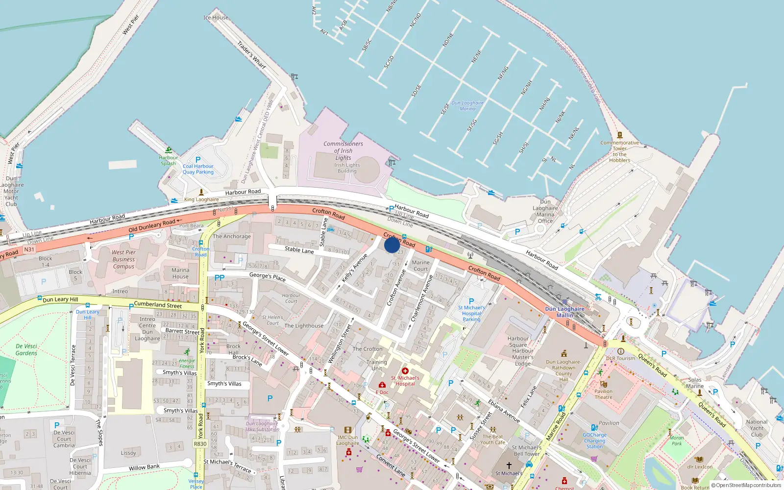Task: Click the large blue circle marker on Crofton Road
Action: coord(392,245)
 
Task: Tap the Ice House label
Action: coord(216,18)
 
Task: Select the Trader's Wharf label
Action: coord(251,54)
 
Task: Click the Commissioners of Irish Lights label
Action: coord(343,150)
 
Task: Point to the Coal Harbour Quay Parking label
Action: coord(198,169)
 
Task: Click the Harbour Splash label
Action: coord(168,160)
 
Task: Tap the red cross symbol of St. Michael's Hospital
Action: coord(405,371)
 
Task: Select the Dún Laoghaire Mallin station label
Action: coord(564,312)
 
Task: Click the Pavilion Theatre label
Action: coord(603,394)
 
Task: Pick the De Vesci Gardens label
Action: coord(26,349)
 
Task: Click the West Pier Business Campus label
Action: coord(123,259)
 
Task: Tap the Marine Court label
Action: coord(420,266)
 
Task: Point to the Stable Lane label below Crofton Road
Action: coord(299,250)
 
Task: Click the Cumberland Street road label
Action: coord(158,305)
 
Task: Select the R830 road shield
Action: coord(200,444)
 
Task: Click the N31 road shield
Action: coord(29,249)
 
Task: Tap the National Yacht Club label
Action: coord(757,428)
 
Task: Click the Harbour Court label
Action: coord(291,298)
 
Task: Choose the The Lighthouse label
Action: coord(304,326)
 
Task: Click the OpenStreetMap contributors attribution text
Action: coord(748,486)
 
